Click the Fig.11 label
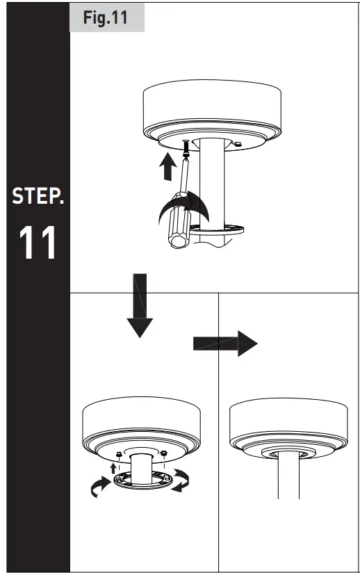pyautogui.click(x=106, y=18)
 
